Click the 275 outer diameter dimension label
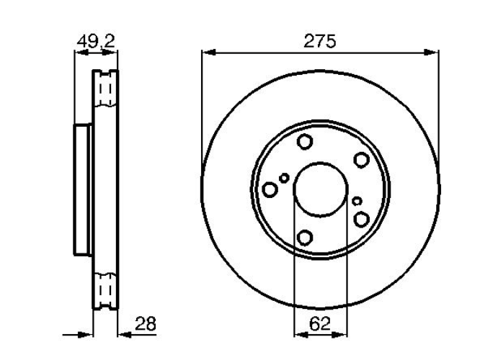point(319,41)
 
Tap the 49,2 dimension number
point(96,41)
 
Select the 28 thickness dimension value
point(146,323)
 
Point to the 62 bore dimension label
point(320,323)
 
